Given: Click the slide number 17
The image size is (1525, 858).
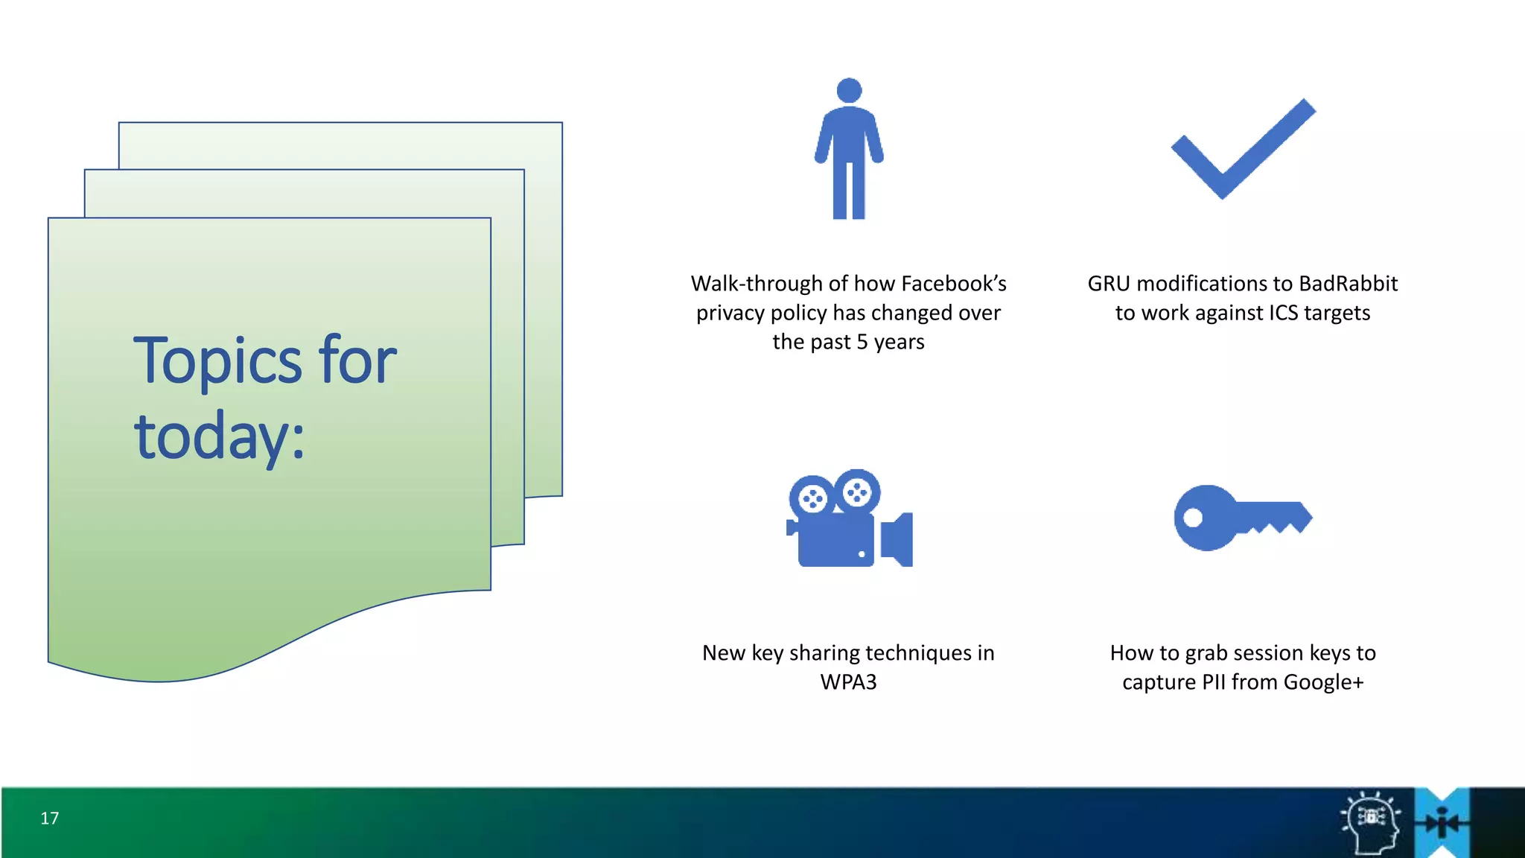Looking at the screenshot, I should pos(49,818).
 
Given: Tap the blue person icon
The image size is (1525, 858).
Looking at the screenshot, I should pos(849,149).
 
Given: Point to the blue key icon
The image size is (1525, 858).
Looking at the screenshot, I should pos(1242,518).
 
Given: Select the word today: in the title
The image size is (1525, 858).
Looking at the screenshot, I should pos(220,437).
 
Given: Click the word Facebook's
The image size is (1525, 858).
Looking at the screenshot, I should pos(953,284).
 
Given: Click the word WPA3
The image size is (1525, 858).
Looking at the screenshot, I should pos(848,682).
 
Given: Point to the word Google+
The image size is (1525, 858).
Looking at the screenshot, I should pos(1323,682).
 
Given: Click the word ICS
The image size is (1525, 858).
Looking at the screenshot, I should pos(1283,313).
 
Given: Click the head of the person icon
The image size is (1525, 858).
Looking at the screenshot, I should pos(849,90).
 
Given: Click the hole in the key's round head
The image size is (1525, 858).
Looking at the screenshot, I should pos(1193,518).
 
